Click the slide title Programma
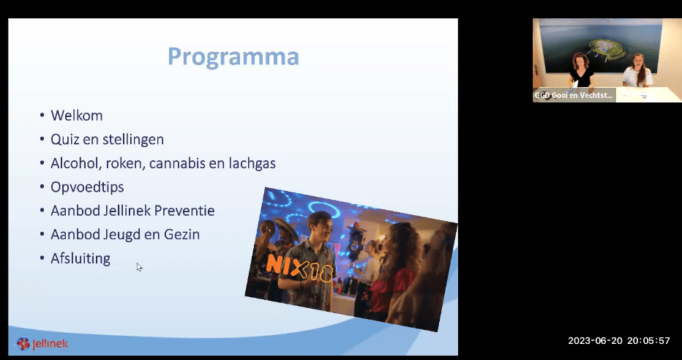click(233, 57)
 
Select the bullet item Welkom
click(77, 116)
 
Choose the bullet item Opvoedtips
click(87, 187)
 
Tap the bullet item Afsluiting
click(80, 258)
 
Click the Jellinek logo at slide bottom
click(42, 344)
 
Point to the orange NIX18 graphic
click(300, 269)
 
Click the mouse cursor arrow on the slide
click(139, 267)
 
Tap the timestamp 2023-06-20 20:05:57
click(619, 340)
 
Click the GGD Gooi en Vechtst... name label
click(574, 96)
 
